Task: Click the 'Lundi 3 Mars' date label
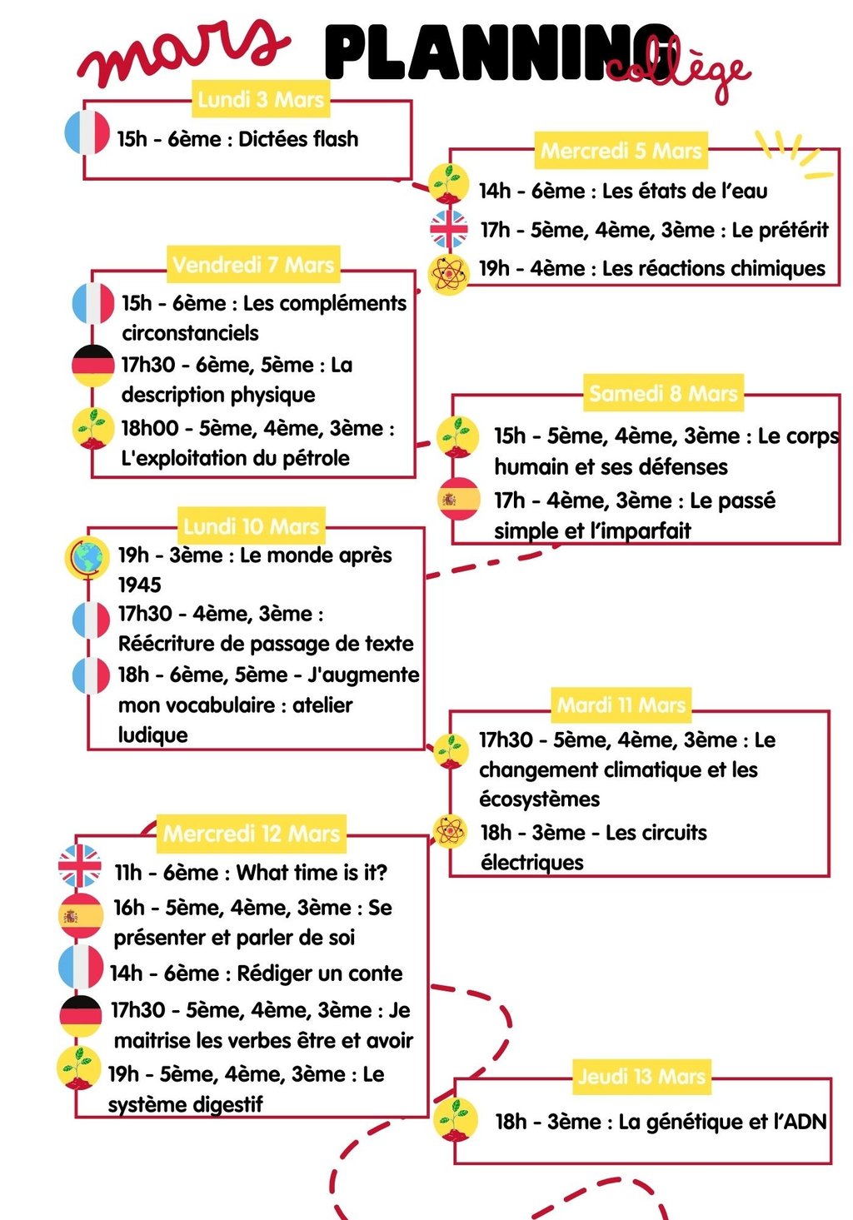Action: [x=261, y=100]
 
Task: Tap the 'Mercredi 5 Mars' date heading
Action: [x=621, y=151]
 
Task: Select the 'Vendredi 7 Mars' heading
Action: [x=252, y=265]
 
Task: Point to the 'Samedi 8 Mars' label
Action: [x=663, y=393]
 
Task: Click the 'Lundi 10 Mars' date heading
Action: [x=251, y=526]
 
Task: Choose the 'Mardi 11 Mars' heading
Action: [x=621, y=705]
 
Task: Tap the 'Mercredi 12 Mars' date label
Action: [x=251, y=834]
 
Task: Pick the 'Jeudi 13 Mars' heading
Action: [x=641, y=1076]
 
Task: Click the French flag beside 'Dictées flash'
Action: [x=87, y=133]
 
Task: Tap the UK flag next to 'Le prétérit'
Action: [x=449, y=229]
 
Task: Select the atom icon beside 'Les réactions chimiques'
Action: [x=448, y=274]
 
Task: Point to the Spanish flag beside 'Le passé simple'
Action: [x=459, y=499]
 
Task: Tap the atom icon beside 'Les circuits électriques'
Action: [x=451, y=831]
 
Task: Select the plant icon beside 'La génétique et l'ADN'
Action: [x=456, y=1118]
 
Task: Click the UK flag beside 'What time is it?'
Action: [x=80, y=866]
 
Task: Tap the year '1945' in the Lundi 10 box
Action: [x=140, y=585]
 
